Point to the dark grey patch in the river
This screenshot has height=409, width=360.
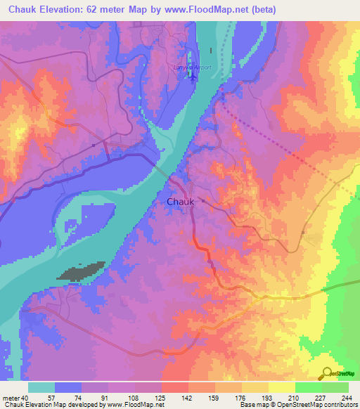coord(82,271)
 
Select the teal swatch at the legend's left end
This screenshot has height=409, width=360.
coord(41,387)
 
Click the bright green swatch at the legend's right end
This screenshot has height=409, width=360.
coord(335,387)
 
